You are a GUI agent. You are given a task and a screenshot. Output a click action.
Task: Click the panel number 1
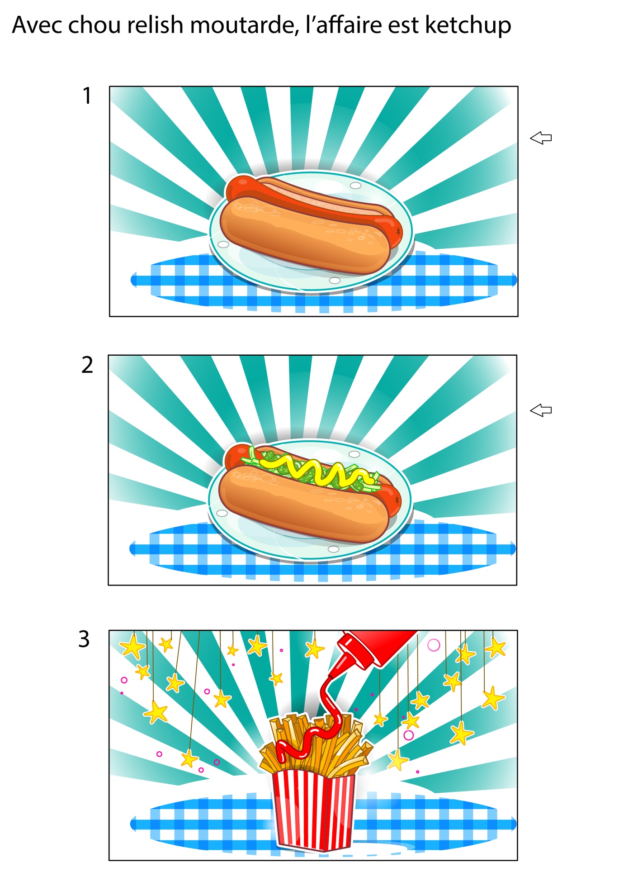coord(87,96)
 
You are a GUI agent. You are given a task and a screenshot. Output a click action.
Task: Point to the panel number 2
coord(87,365)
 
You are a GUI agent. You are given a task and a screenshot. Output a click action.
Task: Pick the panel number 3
coord(85,639)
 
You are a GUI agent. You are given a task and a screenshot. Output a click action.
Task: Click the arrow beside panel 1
coord(541,138)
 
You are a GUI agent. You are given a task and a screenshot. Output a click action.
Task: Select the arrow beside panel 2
coord(541,410)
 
